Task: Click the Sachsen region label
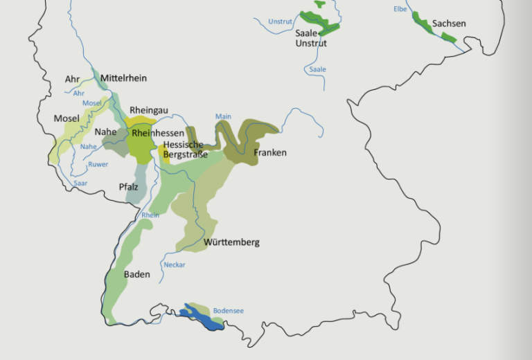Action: (x=449, y=24)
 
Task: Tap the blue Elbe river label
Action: (x=400, y=9)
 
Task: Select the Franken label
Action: (x=269, y=152)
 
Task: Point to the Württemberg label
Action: (x=231, y=242)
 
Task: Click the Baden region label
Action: (x=136, y=275)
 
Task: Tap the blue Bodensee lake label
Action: (x=228, y=311)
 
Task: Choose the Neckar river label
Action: (x=175, y=264)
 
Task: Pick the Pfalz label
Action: (x=129, y=187)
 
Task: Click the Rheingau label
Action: (x=149, y=110)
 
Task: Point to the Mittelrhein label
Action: (x=123, y=78)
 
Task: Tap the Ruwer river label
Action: (x=98, y=164)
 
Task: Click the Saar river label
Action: (x=80, y=183)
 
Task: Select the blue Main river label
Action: (x=222, y=116)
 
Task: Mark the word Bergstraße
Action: (x=185, y=154)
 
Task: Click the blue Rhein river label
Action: (x=150, y=215)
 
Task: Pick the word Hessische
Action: (x=183, y=145)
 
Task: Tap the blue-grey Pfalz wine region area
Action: (x=134, y=177)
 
